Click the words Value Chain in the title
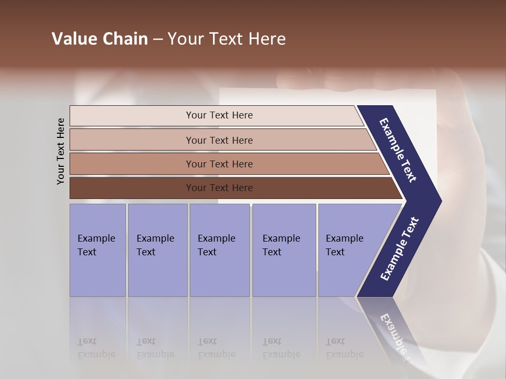[x=100, y=39]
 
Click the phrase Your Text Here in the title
[x=227, y=39]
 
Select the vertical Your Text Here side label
[x=61, y=151]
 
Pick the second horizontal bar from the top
[x=219, y=140]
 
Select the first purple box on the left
[x=98, y=250]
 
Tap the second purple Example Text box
[x=158, y=250]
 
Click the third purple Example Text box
[x=219, y=250]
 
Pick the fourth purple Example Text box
[x=284, y=250]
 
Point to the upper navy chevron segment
[x=399, y=150]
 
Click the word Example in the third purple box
[x=216, y=238]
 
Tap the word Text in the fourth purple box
[x=272, y=252]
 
